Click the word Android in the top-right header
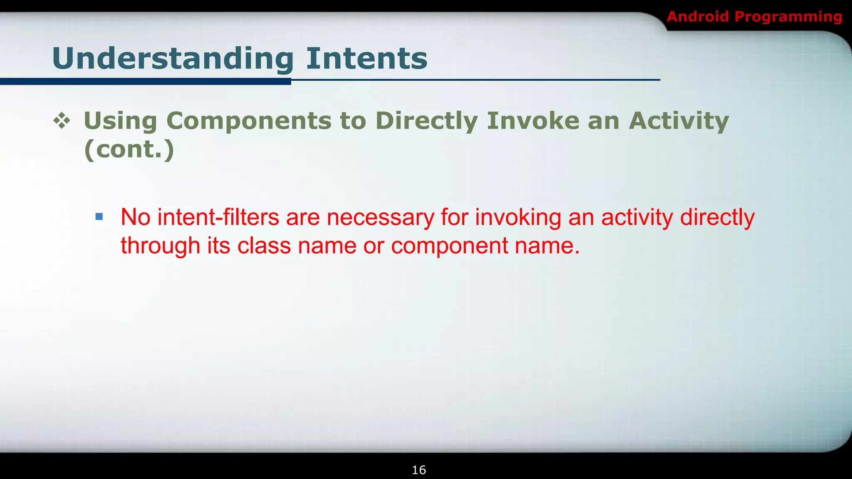tap(698, 17)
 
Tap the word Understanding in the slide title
tap(173, 58)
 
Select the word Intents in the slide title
tap(367, 58)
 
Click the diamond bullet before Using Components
tap(62, 121)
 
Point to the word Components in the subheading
tap(249, 121)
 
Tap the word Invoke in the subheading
tap(533, 121)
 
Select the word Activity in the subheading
tap(679, 121)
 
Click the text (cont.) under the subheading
tap(129, 149)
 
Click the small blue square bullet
tap(99, 217)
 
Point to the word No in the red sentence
tap(135, 217)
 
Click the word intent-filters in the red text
tap(218, 217)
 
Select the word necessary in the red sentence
tap(380, 218)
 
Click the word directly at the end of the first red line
tap(717, 218)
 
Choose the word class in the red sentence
tap(264, 246)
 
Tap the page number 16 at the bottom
tap(419, 470)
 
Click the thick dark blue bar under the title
tap(146, 81)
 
